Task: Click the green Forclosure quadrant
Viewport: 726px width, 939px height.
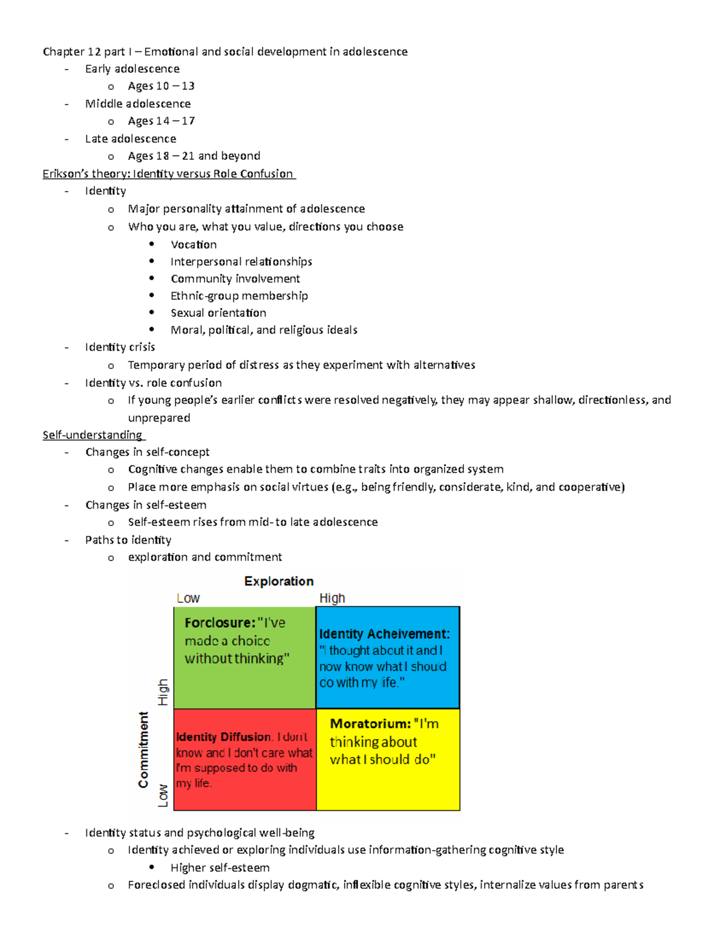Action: click(244, 658)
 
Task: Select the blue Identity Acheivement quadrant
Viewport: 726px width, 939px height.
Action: click(388, 658)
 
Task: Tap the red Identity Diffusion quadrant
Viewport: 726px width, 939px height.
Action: click(244, 759)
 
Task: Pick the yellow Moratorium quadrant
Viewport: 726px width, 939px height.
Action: click(388, 759)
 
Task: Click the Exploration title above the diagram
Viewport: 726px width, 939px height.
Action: click(279, 581)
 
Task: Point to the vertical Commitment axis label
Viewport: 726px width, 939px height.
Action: click(143, 750)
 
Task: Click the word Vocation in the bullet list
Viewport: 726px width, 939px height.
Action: click(194, 245)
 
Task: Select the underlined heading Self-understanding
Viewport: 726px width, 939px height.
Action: click(93, 435)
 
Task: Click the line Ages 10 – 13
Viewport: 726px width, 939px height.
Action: click(161, 86)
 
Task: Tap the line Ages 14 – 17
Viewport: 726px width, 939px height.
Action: click(161, 122)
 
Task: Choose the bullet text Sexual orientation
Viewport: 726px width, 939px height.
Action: click(218, 313)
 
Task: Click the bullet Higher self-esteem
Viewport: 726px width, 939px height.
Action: click(220, 868)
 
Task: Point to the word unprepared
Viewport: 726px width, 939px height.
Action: click(159, 418)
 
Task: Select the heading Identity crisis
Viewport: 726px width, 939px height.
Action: click(120, 348)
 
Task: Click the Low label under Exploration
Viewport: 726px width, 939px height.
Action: click(188, 599)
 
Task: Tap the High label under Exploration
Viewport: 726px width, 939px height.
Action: click(332, 599)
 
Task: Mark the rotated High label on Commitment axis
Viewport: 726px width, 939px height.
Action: click(163, 692)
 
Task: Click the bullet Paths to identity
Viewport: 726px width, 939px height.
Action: click(128, 541)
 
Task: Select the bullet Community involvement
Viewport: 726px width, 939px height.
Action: click(235, 279)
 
